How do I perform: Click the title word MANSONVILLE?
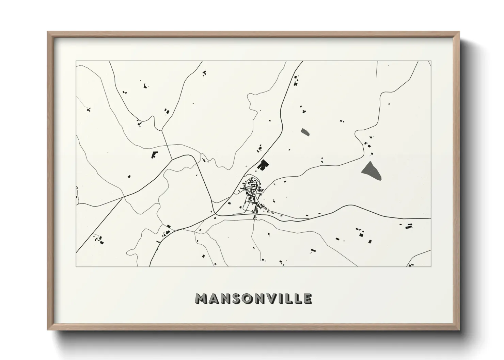pos(253,298)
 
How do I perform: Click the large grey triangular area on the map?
pos(371,170)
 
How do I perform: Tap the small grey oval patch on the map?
pos(305,132)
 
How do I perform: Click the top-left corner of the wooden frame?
pos(48,32)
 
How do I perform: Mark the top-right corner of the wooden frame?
pos(459,32)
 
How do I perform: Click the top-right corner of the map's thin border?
pos(431,61)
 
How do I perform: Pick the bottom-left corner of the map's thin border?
pos(76,266)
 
